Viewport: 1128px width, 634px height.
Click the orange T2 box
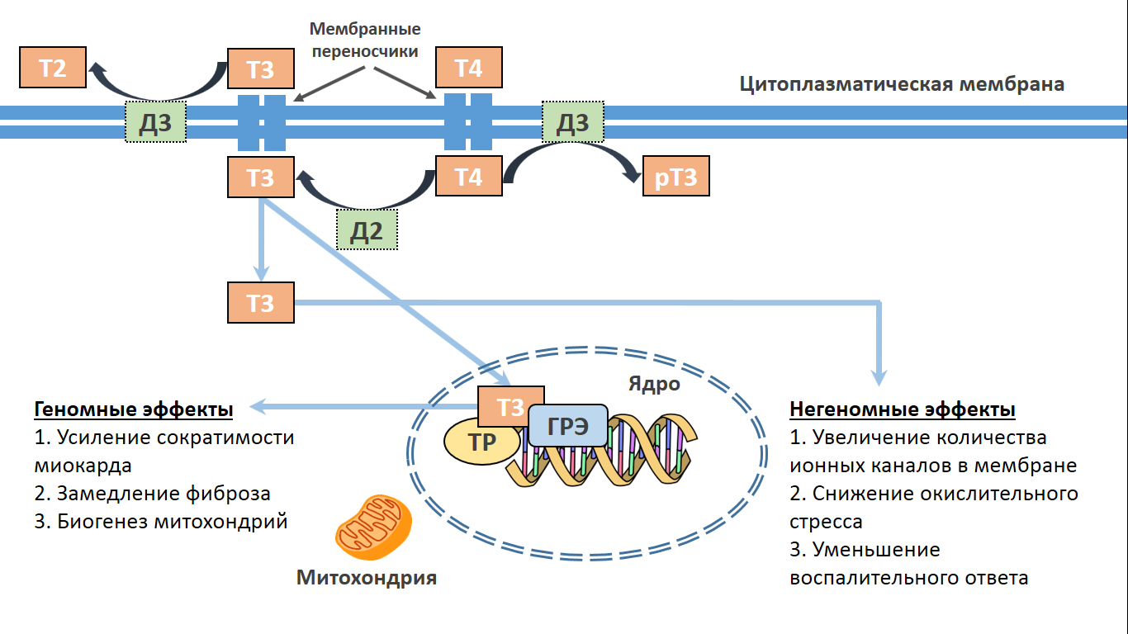pos(53,68)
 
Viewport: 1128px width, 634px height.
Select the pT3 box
pos(676,177)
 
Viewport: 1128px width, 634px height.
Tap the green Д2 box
pos(367,229)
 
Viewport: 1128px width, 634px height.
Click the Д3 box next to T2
pos(155,122)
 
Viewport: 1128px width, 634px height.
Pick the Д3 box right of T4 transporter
pos(572,122)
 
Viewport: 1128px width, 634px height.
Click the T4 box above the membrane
pos(468,68)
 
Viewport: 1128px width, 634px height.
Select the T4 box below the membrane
pos(468,177)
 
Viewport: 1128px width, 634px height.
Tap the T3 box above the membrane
pos(260,69)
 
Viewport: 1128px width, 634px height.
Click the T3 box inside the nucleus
pos(511,405)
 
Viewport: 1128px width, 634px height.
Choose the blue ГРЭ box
pos(568,427)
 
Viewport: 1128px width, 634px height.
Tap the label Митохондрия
pos(367,578)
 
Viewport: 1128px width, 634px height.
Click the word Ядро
pos(654,384)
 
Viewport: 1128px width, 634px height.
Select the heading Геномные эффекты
pos(133,410)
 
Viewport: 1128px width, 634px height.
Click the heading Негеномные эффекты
pos(903,410)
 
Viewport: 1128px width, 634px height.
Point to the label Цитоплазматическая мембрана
pos(902,84)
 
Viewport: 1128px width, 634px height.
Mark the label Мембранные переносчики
pos(365,40)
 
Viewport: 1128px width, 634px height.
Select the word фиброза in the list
pos(228,494)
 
